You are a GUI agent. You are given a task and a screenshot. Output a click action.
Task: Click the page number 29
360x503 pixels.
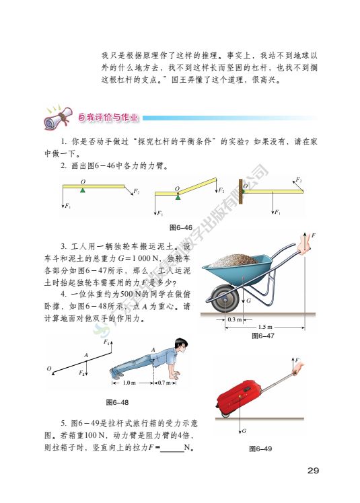click(x=312, y=469)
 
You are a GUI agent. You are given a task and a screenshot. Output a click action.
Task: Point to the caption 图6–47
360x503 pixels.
click(x=262, y=335)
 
